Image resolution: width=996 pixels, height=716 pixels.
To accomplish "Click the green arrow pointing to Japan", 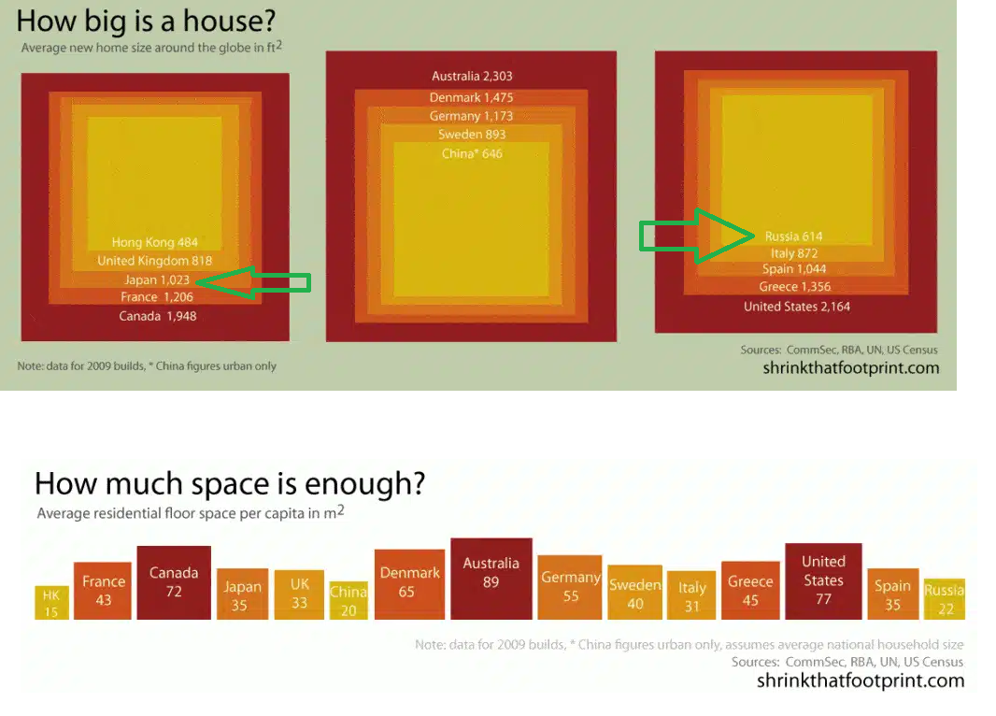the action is pos(254,282).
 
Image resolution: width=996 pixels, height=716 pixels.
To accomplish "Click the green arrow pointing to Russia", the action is pos(697,236).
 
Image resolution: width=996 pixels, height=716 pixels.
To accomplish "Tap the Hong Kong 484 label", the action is pos(155,242).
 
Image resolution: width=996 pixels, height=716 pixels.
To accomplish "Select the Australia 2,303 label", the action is pos(472,77).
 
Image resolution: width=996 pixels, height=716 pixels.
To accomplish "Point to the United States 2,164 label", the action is pos(797,307).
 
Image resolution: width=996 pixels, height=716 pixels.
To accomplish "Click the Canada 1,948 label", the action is pos(158,316).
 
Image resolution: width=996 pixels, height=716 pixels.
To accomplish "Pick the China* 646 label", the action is pos(472,153).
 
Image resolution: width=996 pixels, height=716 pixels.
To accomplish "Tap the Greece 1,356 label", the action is pos(794,287).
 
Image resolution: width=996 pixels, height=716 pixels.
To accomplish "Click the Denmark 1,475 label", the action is pos(471,97).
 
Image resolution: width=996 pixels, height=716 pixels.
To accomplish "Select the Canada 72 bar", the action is pos(174,582).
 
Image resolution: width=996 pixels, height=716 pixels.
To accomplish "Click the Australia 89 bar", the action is pos(491,579).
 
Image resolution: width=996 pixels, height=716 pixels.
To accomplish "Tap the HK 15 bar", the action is pos(51,602).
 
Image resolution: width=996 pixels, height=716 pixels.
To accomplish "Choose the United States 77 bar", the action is pos(823,581).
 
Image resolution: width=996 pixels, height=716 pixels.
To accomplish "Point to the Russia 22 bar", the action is pos(945,599).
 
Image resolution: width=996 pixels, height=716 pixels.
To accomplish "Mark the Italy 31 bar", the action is pos(691,595).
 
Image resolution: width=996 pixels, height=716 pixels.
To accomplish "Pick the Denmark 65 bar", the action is pos(410,584).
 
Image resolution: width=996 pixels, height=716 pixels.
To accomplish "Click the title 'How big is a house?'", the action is pos(146,21).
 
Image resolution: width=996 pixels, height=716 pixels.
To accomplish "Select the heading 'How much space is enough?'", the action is pos(230,483).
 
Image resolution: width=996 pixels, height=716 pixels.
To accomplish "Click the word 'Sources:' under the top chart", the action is pos(761,351).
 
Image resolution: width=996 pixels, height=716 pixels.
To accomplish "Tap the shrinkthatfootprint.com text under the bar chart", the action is pos(861,680).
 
